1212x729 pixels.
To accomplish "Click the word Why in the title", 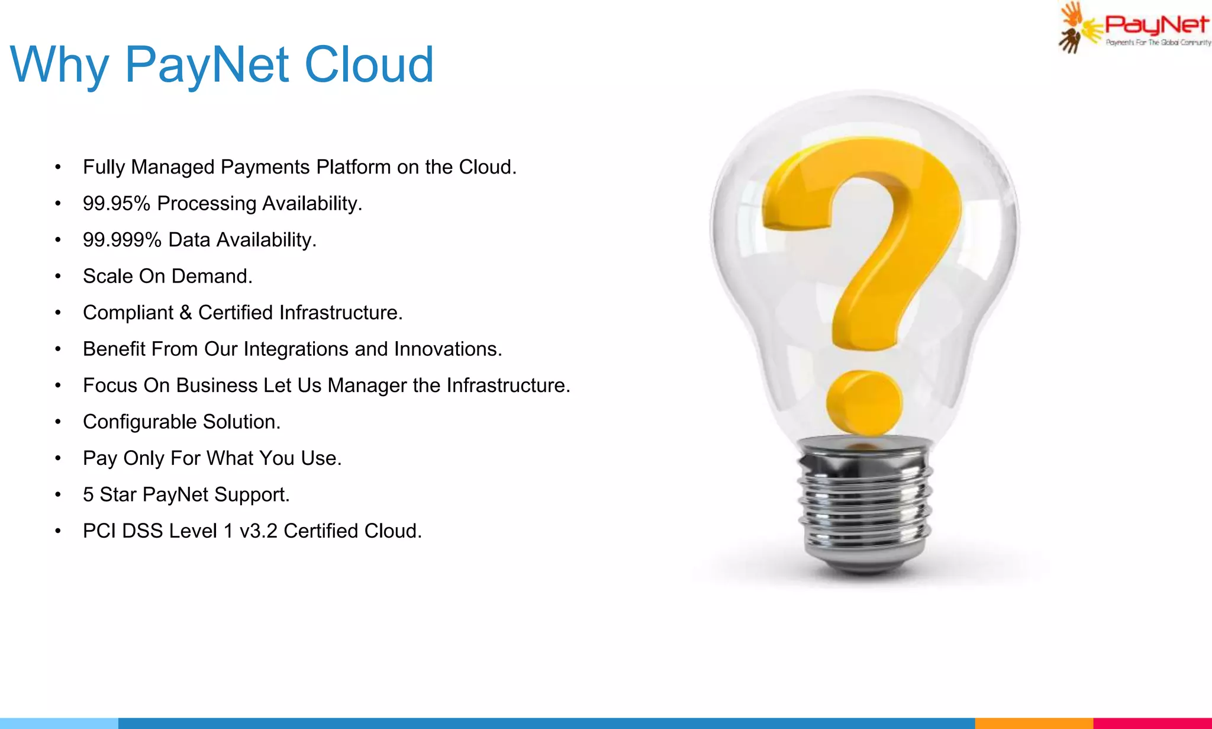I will coord(59,65).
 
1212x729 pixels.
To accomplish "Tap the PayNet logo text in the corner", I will coord(1156,25).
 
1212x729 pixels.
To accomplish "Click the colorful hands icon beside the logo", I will coord(1072,27).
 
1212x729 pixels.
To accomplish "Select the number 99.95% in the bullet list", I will coord(117,204).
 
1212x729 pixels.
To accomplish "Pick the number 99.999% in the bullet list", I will coord(122,240).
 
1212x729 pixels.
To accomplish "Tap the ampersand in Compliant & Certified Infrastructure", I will coord(185,313).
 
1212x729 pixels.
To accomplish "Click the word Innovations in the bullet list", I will coord(448,349).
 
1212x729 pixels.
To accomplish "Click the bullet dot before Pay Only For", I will coord(57,459).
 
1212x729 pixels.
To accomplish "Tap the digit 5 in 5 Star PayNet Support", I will coord(88,495).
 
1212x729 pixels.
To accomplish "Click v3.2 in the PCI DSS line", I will coord(258,531).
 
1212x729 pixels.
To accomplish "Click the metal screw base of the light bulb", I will coord(864,503).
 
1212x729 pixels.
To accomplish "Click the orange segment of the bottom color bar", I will coord(1033,723).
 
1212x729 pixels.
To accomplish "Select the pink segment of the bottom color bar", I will coord(1152,723).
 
